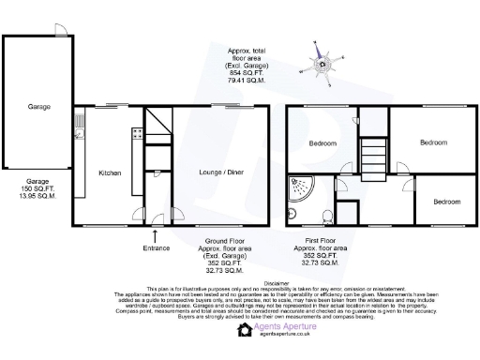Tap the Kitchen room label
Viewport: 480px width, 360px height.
click(x=111, y=172)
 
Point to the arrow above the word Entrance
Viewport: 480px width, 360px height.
click(x=156, y=234)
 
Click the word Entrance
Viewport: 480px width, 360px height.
click(x=156, y=247)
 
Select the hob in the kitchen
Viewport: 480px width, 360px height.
click(x=136, y=135)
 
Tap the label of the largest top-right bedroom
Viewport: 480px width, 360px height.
click(x=432, y=142)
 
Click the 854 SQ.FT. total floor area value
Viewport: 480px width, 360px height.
click(x=248, y=71)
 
